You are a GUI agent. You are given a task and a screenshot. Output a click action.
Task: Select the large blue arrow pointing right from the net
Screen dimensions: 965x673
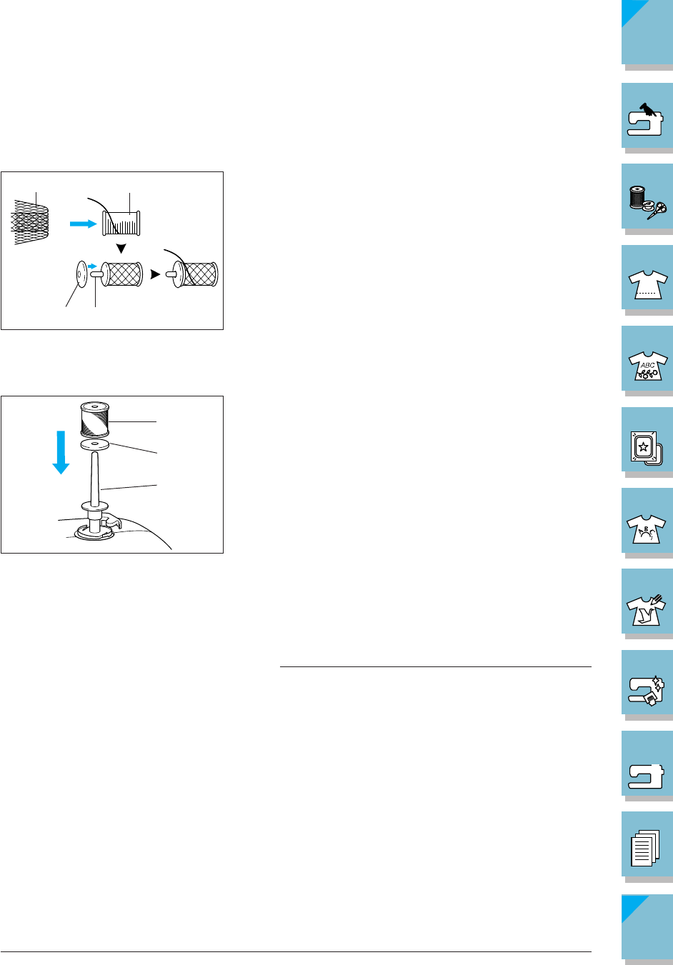click(83, 224)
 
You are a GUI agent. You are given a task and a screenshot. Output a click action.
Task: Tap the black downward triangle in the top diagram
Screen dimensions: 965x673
click(121, 249)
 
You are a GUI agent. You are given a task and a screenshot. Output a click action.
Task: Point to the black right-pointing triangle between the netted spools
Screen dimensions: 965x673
click(155, 274)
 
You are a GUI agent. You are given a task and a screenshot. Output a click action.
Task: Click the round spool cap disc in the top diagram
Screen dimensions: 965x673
click(79, 274)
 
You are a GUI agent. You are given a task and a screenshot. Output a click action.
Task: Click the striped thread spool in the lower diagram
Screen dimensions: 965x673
click(94, 419)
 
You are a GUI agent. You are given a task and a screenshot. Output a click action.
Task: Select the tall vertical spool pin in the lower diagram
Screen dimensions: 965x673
click(94, 479)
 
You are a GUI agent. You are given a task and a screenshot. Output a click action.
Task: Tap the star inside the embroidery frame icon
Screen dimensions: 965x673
click(643, 448)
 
